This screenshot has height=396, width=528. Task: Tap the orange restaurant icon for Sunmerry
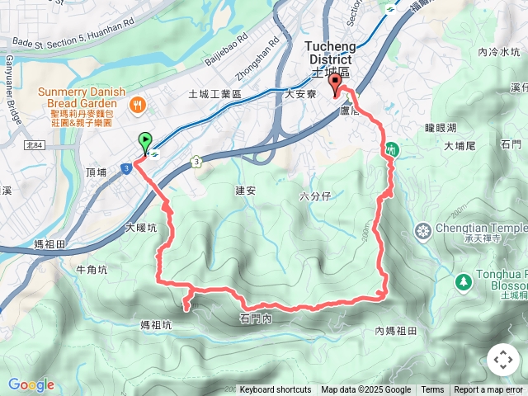[x=137, y=105]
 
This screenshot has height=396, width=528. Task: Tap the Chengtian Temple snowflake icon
[x=423, y=229]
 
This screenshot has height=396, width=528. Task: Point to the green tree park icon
[x=463, y=281]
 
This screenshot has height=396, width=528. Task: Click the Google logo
[x=31, y=384]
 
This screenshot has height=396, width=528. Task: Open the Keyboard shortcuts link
[x=276, y=390]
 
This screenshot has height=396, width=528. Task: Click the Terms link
[x=432, y=390]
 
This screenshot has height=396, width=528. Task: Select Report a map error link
[x=489, y=390]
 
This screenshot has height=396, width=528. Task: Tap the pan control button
[x=502, y=360]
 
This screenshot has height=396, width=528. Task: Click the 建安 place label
[x=246, y=190]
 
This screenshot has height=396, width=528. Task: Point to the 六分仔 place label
[x=315, y=196]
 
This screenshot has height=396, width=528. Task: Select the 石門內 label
[x=256, y=318]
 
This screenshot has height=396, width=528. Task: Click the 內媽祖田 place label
[x=397, y=331]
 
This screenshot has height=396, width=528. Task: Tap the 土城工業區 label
[x=214, y=95]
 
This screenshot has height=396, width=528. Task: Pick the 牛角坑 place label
[x=92, y=269]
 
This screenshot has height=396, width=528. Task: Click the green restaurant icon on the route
[x=391, y=150]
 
